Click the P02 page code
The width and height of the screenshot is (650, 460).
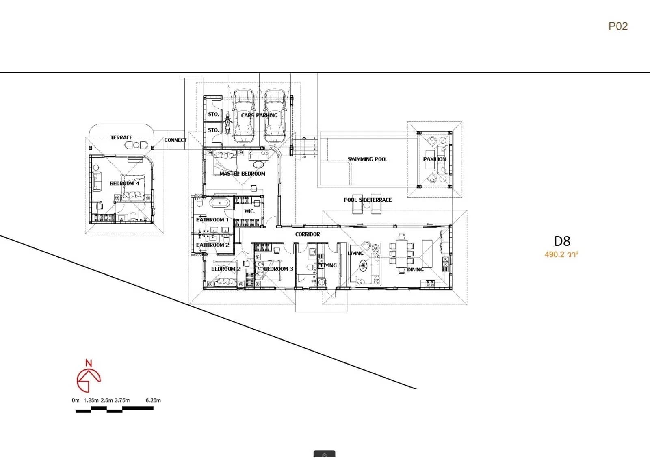(618, 26)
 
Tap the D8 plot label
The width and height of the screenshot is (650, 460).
(562, 241)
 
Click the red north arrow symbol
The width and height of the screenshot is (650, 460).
(88, 377)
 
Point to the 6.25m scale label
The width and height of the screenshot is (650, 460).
(153, 400)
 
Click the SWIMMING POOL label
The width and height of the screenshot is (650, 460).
(368, 159)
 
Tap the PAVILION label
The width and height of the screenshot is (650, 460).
(434, 159)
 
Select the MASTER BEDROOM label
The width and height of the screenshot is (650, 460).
(242, 174)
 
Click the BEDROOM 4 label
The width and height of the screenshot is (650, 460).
(124, 183)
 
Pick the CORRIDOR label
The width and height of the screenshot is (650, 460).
(308, 234)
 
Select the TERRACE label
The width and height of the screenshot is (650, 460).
(121, 137)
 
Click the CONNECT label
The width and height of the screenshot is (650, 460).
(175, 140)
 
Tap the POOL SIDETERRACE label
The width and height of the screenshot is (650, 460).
(368, 200)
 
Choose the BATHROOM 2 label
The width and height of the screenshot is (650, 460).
(212, 245)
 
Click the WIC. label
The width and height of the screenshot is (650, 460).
(249, 211)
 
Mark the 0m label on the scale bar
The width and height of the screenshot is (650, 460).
(76, 400)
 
